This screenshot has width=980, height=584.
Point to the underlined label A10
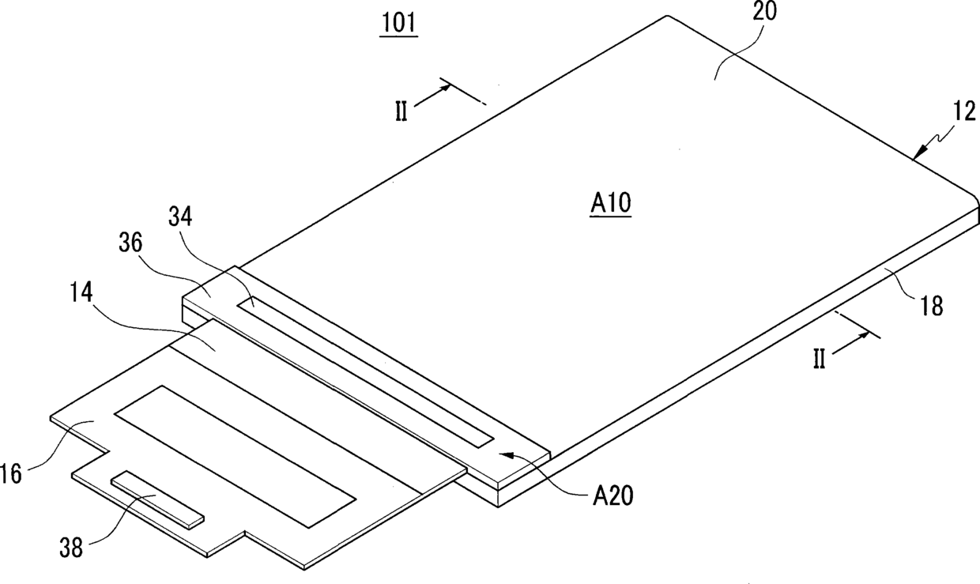(x=610, y=205)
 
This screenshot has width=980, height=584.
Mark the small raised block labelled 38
(x=157, y=500)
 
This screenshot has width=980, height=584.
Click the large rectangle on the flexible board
(x=235, y=456)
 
